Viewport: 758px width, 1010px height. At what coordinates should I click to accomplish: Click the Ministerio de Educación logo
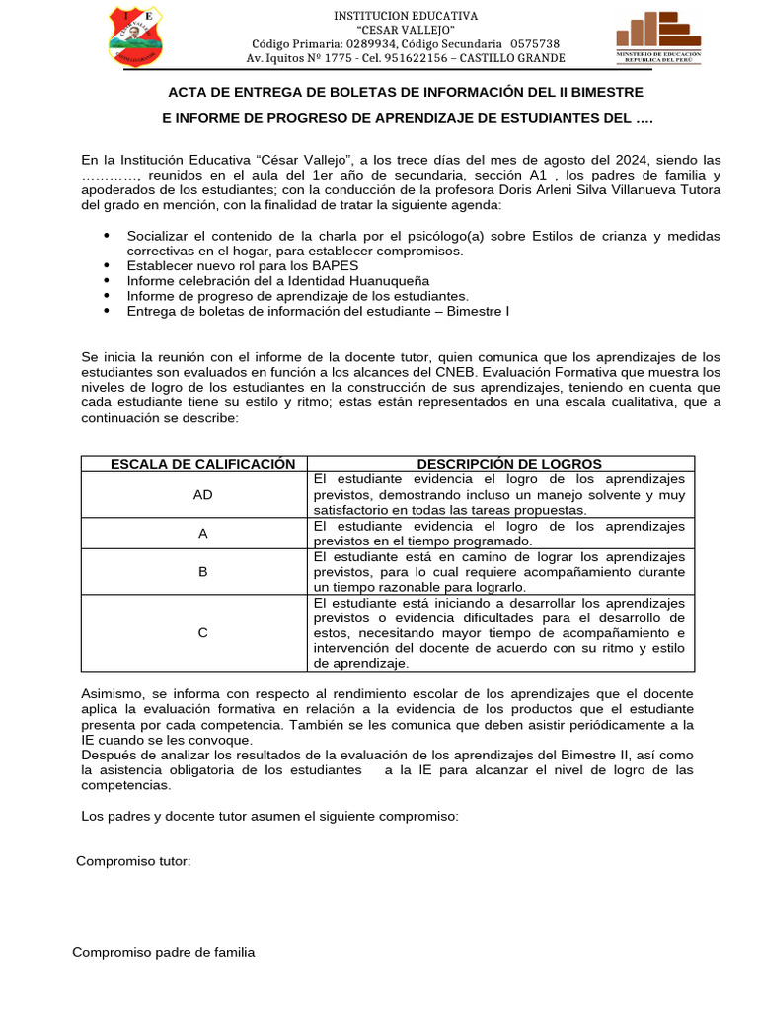click(x=658, y=37)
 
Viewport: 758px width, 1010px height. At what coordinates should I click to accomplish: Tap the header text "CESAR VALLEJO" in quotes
click(x=406, y=31)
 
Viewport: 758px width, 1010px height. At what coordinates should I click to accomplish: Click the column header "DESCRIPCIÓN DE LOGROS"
click(x=508, y=464)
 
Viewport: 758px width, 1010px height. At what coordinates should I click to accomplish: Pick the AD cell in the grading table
click(x=203, y=495)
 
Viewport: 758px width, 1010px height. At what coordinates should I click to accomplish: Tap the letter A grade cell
click(x=203, y=534)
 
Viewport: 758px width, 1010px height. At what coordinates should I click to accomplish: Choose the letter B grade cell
click(x=203, y=572)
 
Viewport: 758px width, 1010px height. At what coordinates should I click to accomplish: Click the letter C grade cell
click(x=203, y=633)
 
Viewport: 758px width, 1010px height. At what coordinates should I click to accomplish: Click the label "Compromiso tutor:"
click(x=133, y=861)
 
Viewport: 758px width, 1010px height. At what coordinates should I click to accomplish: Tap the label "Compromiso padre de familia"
click(x=164, y=952)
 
